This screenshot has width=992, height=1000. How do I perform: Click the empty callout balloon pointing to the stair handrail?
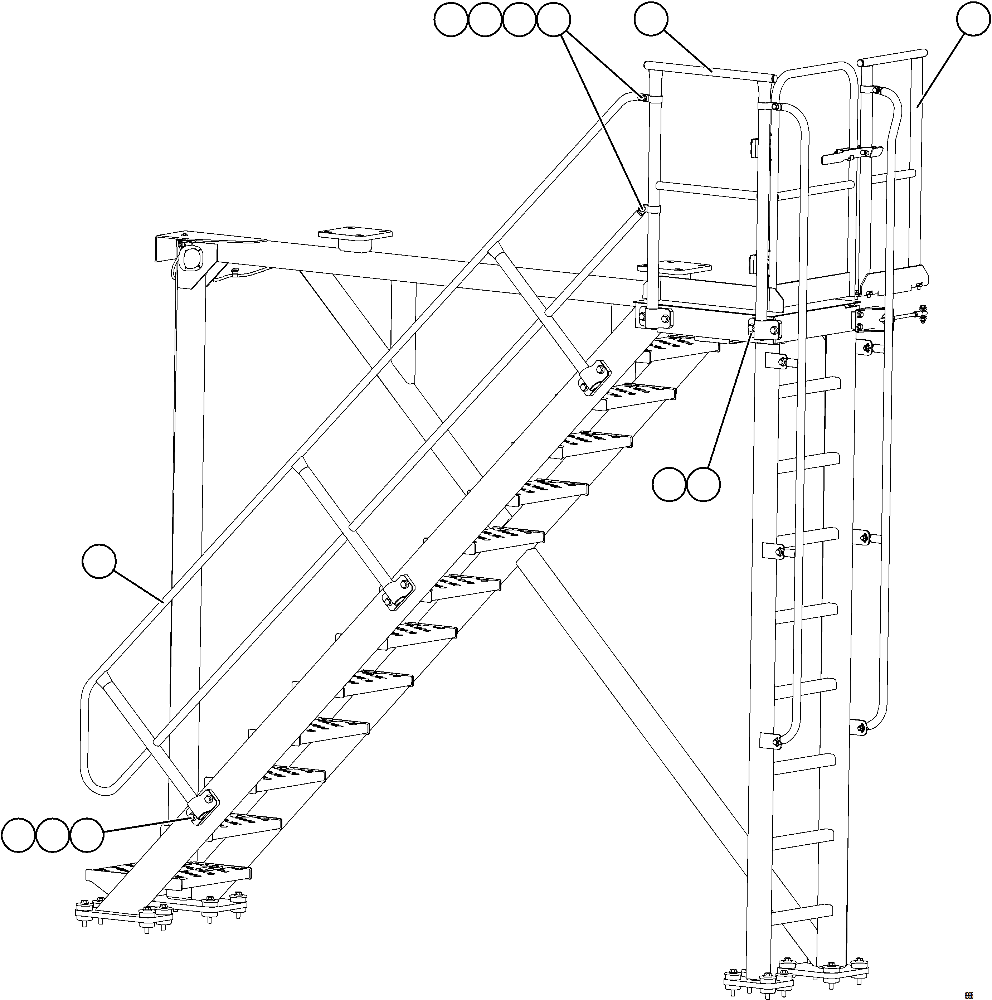click(99, 560)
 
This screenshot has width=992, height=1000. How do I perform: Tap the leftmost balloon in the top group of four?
click(451, 20)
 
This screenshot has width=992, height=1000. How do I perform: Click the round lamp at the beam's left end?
click(191, 257)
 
